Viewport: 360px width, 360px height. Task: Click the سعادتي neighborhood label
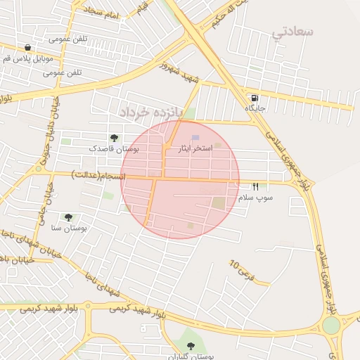point(292,32)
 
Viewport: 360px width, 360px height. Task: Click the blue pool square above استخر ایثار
point(195,137)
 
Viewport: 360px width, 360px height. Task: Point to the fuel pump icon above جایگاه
point(253,97)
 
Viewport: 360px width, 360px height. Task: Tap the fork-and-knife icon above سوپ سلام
point(255,186)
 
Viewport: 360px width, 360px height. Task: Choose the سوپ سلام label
point(255,198)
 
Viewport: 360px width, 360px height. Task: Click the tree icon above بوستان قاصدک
point(114,138)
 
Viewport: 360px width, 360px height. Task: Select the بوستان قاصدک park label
point(113,149)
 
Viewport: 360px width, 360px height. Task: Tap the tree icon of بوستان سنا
point(68,217)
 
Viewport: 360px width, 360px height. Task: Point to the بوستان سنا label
point(68,229)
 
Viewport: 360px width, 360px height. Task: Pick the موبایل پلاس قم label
point(27,58)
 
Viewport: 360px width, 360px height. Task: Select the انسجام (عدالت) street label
point(98,175)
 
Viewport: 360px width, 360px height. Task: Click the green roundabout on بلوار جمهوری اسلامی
point(330,326)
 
